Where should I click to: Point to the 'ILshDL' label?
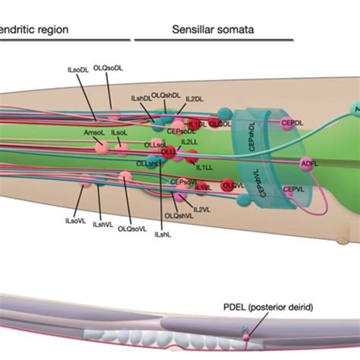142,99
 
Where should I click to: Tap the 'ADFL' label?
310,163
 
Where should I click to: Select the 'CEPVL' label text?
294,189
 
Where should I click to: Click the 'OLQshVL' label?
177,216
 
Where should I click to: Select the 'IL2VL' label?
201,209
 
